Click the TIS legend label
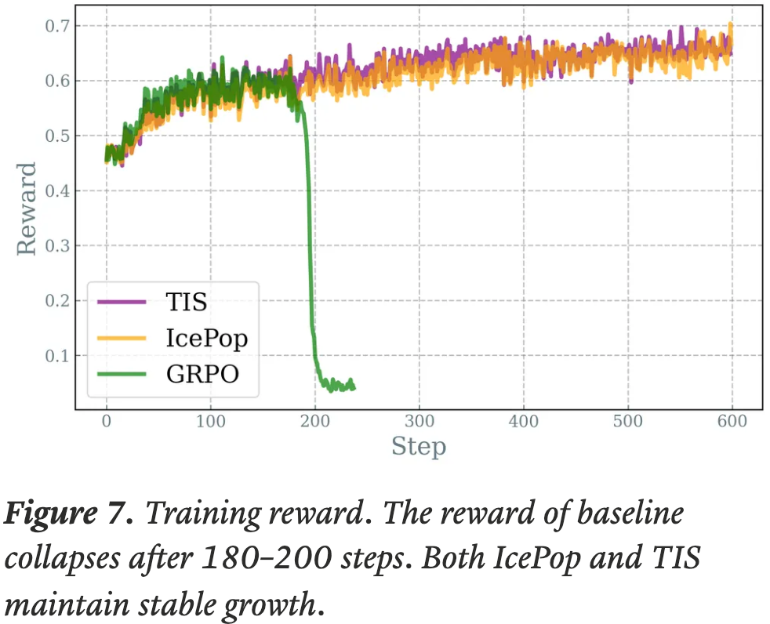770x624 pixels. click(x=187, y=302)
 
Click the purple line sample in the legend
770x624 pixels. click(x=122, y=302)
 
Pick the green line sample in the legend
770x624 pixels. click(x=122, y=375)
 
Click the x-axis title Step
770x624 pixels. click(x=419, y=448)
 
